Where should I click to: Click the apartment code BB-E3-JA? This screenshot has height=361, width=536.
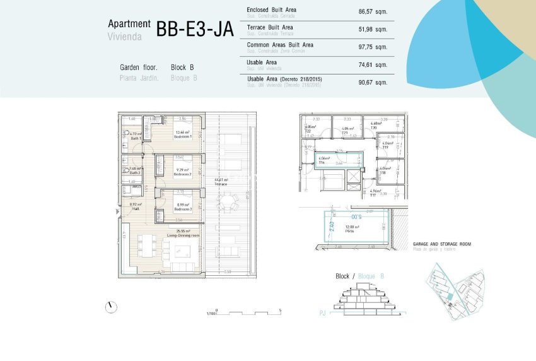coord(195,28)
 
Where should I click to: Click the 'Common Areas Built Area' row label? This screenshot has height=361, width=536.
coord(280,45)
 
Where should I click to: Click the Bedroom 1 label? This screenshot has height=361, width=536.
coord(182,134)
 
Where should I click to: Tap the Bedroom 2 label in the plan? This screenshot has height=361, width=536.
coord(182,171)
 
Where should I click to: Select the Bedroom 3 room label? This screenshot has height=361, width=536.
coord(182,207)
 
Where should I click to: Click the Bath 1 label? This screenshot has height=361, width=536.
coord(135,136)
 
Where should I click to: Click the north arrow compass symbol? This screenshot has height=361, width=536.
coord(112,307)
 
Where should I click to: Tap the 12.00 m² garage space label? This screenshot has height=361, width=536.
coord(352,228)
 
